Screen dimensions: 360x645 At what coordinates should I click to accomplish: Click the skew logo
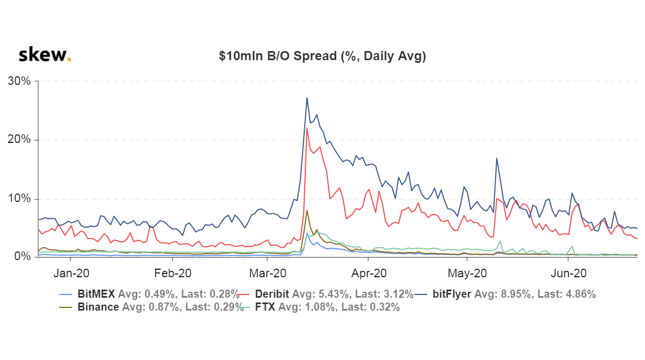point(44,55)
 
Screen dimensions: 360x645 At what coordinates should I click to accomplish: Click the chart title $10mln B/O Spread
point(322,56)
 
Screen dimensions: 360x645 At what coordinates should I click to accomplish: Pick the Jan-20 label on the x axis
point(71,273)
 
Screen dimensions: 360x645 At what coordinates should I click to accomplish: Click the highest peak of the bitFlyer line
point(307,98)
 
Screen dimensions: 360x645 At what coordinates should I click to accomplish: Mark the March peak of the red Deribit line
point(307,128)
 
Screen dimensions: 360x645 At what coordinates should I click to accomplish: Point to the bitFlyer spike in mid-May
point(497,158)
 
